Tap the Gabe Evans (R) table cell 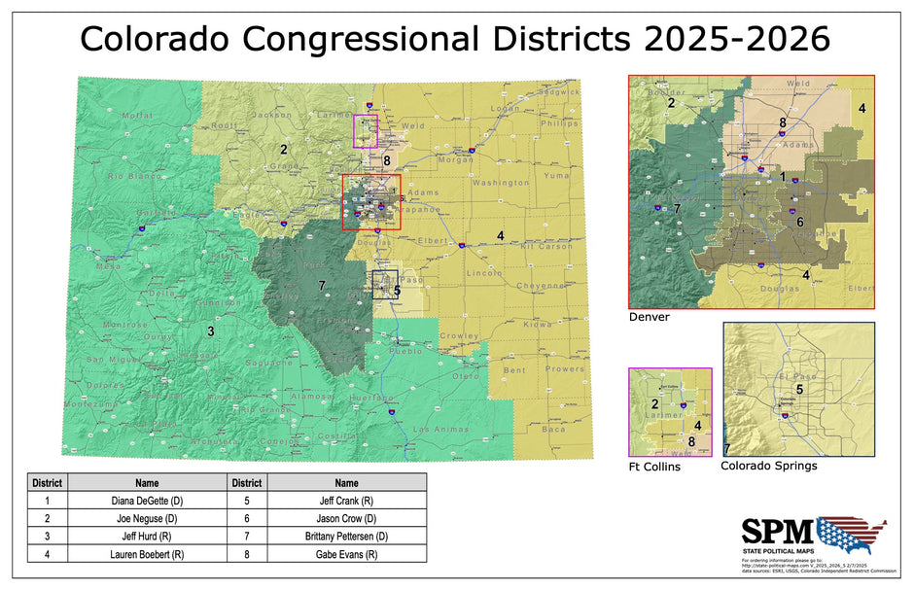click(346, 554)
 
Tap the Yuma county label click(556, 176)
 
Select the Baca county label click(552, 429)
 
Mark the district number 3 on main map click(210, 332)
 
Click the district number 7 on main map click(321, 286)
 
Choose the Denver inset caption click(649, 317)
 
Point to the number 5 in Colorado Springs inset click(798, 389)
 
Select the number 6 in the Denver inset click(799, 222)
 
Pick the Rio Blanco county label click(131, 176)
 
